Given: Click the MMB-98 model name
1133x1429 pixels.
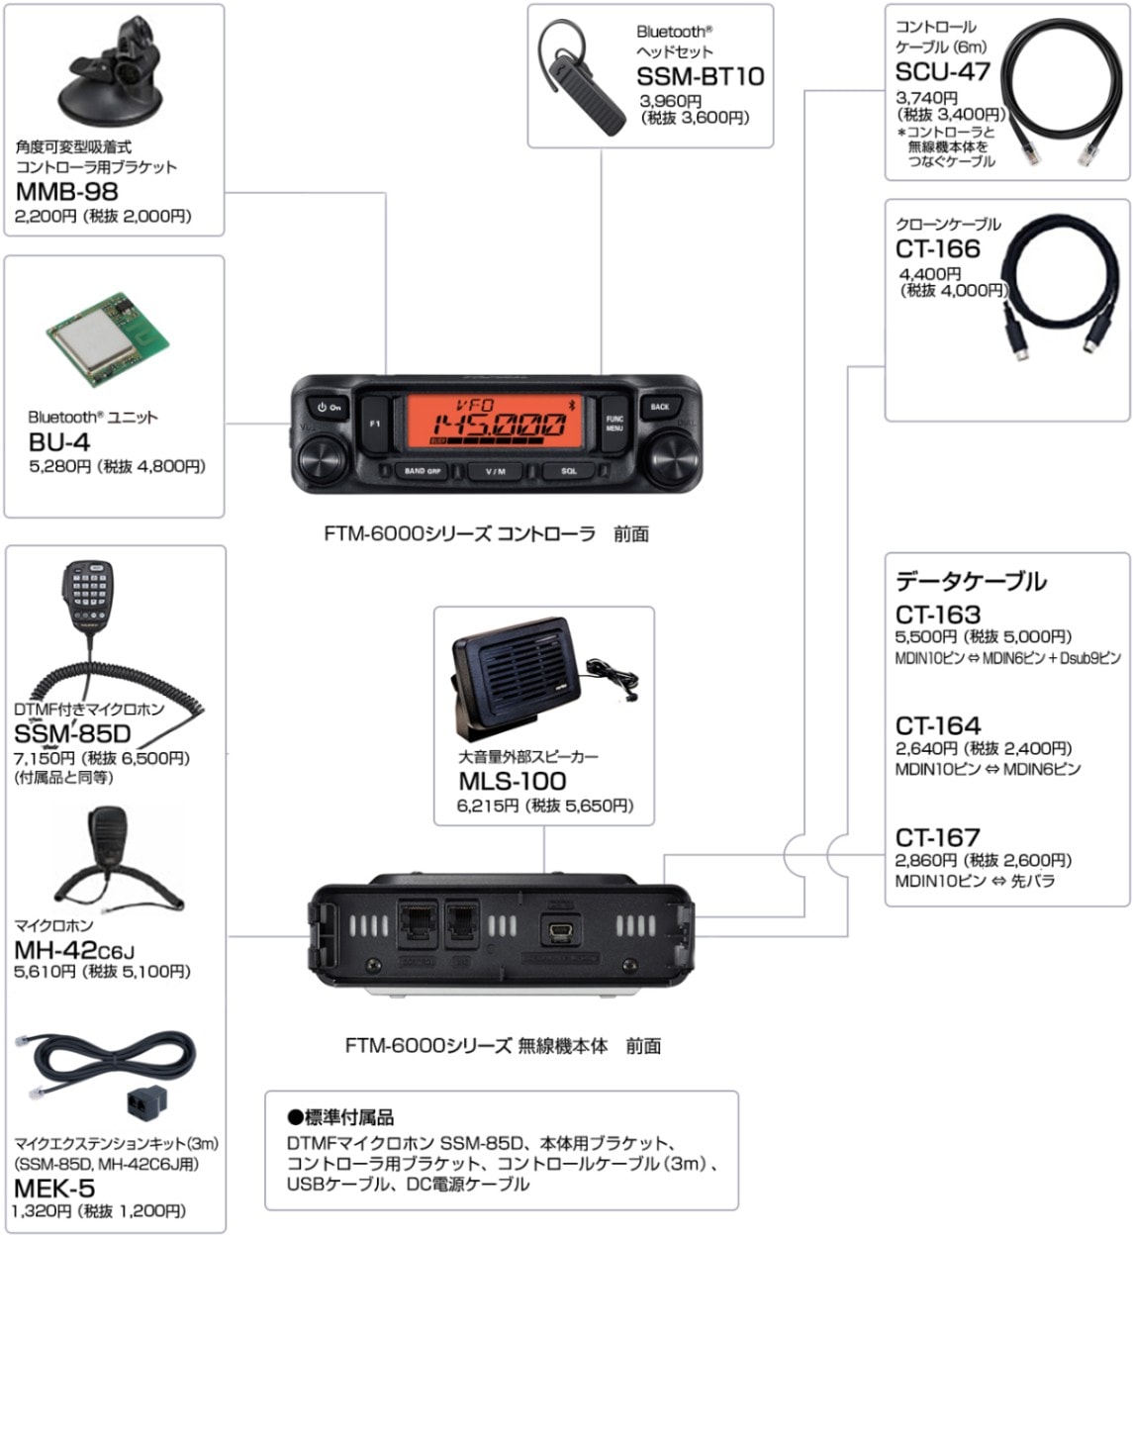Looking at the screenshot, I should (x=66, y=191).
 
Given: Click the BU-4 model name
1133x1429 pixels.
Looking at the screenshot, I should (x=58, y=441).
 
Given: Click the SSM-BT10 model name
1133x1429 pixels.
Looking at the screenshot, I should (x=700, y=76).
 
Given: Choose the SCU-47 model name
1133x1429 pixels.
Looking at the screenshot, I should (x=942, y=71).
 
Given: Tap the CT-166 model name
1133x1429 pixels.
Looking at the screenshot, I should (x=937, y=248).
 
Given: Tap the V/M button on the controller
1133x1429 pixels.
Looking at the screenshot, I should (x=496, y=472).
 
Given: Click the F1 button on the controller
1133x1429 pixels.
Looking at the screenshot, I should (x=375, y=424).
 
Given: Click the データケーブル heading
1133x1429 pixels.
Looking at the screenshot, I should (x=970, y=581).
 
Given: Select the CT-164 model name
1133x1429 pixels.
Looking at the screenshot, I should (x=937, y=725).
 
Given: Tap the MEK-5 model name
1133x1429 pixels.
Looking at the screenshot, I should (x=54, y=1188).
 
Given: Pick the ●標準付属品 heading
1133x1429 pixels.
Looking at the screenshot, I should (x=340, y=1117).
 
